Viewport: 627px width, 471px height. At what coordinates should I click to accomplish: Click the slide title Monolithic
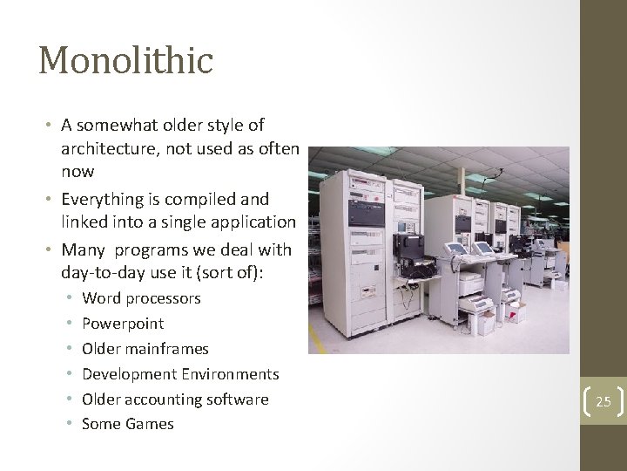(125, 61)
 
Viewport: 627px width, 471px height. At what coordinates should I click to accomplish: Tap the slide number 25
(603, 401)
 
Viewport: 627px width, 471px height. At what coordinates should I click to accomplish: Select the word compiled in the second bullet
(192, 199)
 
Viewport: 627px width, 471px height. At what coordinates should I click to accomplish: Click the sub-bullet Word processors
(141, 298)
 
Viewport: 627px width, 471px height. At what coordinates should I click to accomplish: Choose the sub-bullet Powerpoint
(123, 324)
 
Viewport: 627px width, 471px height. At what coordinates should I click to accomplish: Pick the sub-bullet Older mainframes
(145, 349)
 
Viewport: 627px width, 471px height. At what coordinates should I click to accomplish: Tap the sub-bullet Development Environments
(180, 374)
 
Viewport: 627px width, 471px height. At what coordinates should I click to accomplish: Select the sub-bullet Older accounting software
(175, 399)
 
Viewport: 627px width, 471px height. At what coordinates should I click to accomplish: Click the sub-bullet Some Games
(128, 424)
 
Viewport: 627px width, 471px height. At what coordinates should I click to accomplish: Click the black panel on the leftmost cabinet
(365, 212)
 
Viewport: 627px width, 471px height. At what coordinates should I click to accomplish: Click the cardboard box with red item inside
(481, 322)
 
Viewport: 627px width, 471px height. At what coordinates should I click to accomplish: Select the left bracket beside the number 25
(586, 401)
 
